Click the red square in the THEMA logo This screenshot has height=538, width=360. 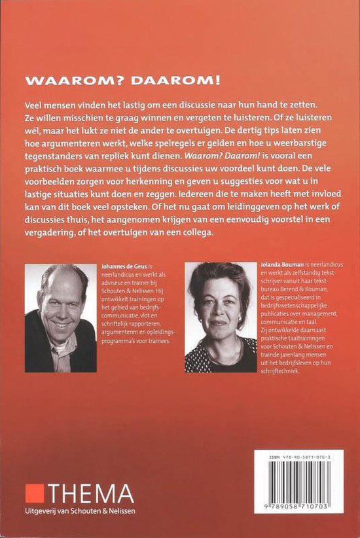(33, 493)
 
